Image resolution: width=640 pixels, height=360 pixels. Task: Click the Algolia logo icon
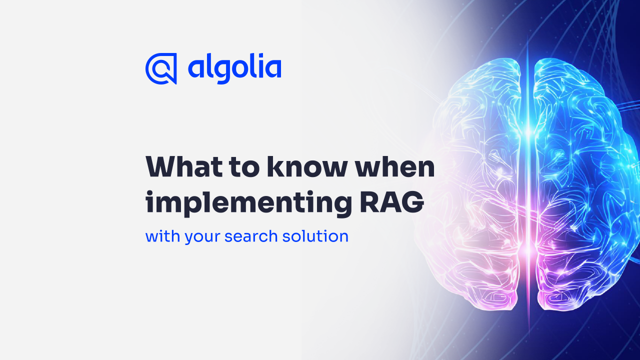[x=161, y=68]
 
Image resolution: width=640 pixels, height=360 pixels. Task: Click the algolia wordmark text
[x=234, y=68]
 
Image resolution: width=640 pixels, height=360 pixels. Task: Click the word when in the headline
[x=395, y=166]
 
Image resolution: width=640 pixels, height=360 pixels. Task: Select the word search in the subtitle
[x=251, y=236]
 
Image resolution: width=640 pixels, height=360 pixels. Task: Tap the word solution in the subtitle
[x=315, y=236]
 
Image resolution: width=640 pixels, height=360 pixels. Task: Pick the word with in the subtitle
[x=163, y=236]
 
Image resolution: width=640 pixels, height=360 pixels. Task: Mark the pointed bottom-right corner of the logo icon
[x=176, y=83]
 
